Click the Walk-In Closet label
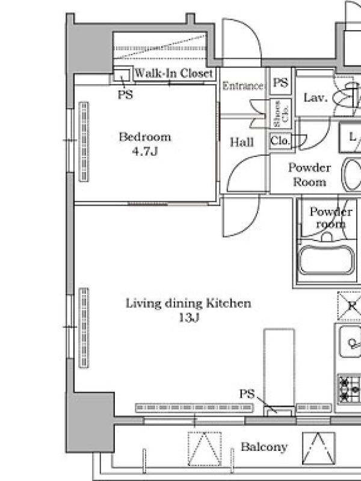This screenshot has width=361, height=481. click(173, 73)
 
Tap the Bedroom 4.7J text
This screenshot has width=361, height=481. click(145, 144)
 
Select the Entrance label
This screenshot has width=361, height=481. click(243, 86)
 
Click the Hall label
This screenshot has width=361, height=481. click(242, 142)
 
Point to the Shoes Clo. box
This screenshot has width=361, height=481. click(280, 114)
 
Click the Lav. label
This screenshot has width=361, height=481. click(315, 97)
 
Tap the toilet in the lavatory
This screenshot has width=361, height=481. click(348, 95)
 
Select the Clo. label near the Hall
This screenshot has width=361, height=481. click(280, 141)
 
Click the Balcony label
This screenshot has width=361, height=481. click(264, 447)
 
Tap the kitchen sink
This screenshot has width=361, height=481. click(350, 342)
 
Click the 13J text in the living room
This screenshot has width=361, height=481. click(189, 318)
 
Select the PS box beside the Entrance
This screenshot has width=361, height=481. click(280, 82)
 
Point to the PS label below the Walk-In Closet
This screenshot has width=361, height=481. click(125, 94)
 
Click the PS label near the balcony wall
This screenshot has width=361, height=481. click(247, 394)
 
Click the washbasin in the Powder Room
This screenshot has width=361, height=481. click(352, 174)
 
